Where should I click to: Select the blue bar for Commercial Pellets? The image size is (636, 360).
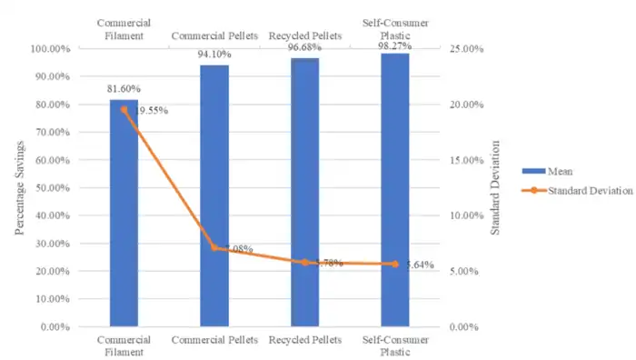[214, 195]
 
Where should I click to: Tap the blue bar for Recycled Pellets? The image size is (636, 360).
[304, 192]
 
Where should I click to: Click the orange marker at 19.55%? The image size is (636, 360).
[124, 109]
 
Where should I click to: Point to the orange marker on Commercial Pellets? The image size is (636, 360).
[214, 247]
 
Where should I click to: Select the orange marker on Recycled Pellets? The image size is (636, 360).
[304, 262]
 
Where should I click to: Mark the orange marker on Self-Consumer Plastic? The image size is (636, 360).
[395, 264]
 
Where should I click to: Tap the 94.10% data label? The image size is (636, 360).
[214, 55]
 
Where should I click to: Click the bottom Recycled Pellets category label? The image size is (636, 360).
[304, 339]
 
